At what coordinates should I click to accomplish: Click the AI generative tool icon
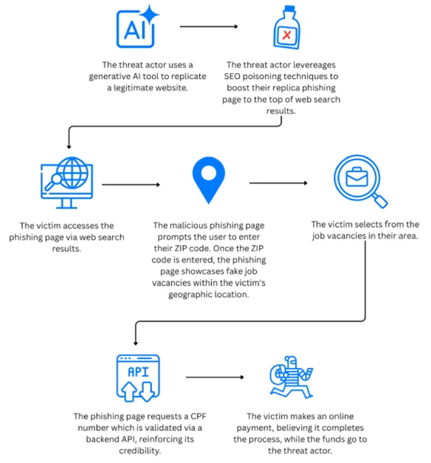coord(137,27)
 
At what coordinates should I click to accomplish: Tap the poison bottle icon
coord(286,27)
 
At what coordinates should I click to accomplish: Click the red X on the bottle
coord(286,35)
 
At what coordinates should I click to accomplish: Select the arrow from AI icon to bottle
coord(209,27)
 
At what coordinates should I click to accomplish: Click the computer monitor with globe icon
coord(67,183)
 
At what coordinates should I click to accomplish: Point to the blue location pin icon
coord(209,180)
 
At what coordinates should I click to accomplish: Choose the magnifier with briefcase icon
coord(361,181)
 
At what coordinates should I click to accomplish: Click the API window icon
coord(138,378)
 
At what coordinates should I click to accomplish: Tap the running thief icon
coord(292,377)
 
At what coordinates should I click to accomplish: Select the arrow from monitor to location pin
coord(131,185)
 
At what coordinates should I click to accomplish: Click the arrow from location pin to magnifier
coord(278,183)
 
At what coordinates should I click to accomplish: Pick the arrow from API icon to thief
coord(215,377)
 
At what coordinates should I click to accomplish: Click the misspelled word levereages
coord(314,65)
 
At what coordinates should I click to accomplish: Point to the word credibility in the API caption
coord(139,451)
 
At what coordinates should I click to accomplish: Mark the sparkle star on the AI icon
coord(150,14)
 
